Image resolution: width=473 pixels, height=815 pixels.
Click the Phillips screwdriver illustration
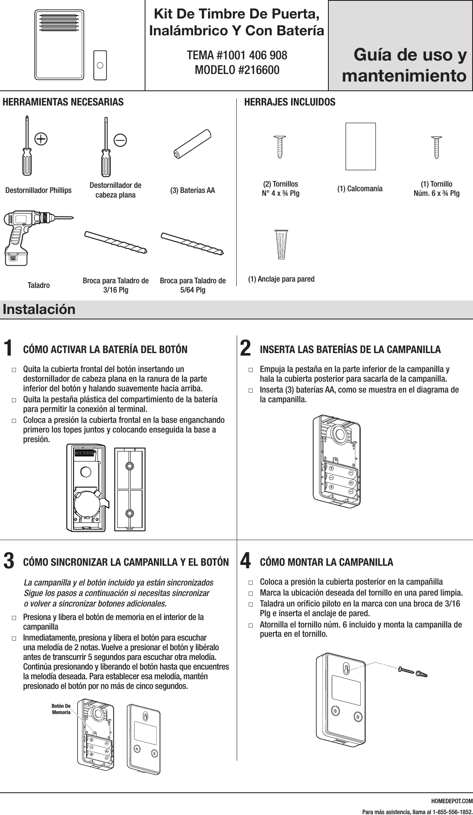[27, 147]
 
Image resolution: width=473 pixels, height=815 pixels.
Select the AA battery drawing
[193, 144]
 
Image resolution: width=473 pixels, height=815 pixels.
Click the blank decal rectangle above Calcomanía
[360, 146]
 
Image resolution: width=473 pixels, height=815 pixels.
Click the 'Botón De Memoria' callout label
[61, 709]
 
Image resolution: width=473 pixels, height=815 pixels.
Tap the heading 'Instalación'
[39, 309]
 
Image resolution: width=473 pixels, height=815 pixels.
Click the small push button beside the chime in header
[100, 65]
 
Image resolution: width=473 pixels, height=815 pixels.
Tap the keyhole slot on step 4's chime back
[346, 669]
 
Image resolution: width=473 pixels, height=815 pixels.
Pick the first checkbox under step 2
[251, 370]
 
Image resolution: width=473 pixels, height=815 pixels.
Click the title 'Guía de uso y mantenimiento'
[404, 66]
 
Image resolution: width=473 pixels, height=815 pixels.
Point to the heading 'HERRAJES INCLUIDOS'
[290, 102]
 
